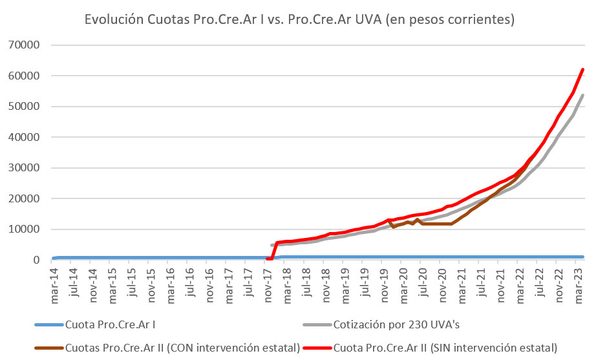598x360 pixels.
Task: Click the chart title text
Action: (299, 19)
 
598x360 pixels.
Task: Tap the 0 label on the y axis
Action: (37, 260)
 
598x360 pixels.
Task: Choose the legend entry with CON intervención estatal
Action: (182, 347)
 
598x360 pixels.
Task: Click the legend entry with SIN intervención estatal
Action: (445, 347)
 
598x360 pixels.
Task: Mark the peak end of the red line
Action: (582, 69)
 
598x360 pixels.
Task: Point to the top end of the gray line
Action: (582, 95)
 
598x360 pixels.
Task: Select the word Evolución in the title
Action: (111, 19)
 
